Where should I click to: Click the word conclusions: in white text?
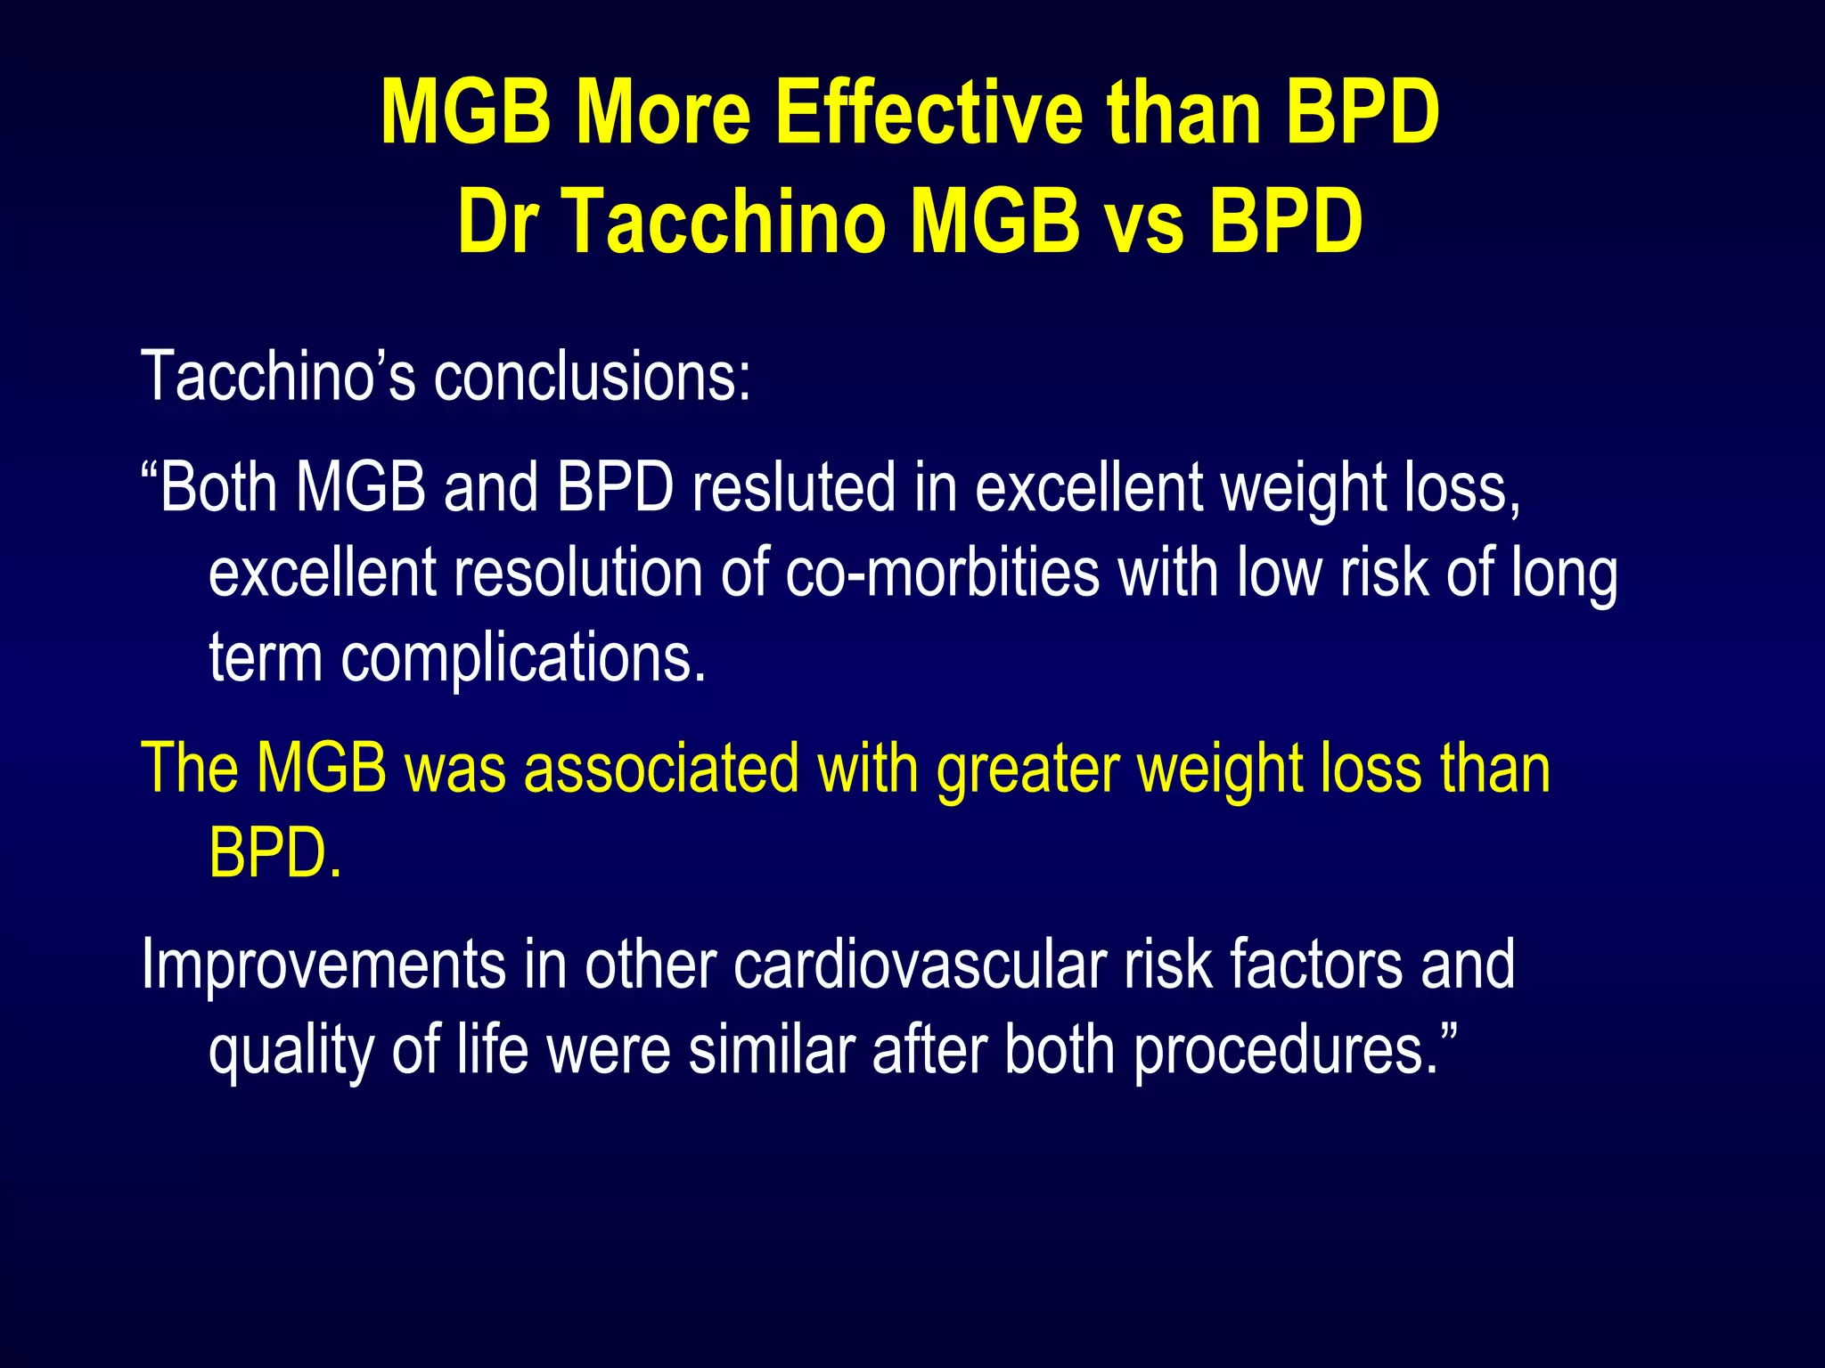[x=592, y=377]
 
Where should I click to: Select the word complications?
[x=523, y=659]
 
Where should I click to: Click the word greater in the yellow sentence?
[x=1027, y=769]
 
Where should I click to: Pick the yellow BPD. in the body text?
[x=274, y=853]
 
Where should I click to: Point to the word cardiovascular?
[x=920, y=965]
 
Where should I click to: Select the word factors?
[x=1315, y=965]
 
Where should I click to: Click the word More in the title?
[x=663, y=113]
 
